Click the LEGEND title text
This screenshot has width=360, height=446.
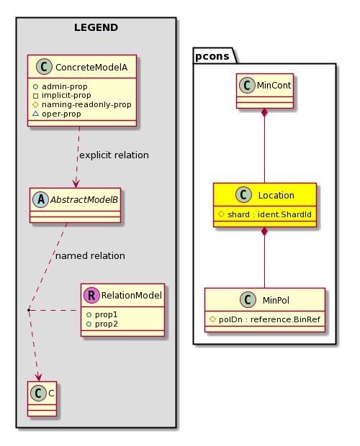click(x=96, y=27)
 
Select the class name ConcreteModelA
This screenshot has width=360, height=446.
click(x=91, y=68)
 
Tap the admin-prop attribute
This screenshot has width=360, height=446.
click(x=65, y=86)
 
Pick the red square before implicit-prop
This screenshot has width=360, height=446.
click(x=35, y=96)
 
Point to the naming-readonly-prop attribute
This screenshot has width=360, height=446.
click(x=86, y=105)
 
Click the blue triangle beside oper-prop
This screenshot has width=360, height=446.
click(x=35, y=114)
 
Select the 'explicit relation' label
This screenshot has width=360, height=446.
click(x=114, y=155)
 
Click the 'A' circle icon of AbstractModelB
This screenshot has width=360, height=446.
click(x=41, y=200)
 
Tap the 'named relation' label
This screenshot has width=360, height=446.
click(x=90, y=255)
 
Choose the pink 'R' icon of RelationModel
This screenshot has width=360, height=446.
click(x=91, y=295)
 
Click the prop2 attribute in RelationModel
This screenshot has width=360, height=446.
click(x=106, y=324)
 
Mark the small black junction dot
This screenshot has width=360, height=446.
click(x=29, y=309)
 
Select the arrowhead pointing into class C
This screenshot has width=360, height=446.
click(x=38, y=377)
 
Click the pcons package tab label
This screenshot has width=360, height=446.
click(x=212, y=56)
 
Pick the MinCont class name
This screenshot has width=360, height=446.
click(x=274, y=86)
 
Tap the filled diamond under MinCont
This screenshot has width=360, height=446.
click(x=265, y=113)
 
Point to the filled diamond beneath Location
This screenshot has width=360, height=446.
click(x=265, y=232)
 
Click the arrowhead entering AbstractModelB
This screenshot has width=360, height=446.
click(x=76, y=183)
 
